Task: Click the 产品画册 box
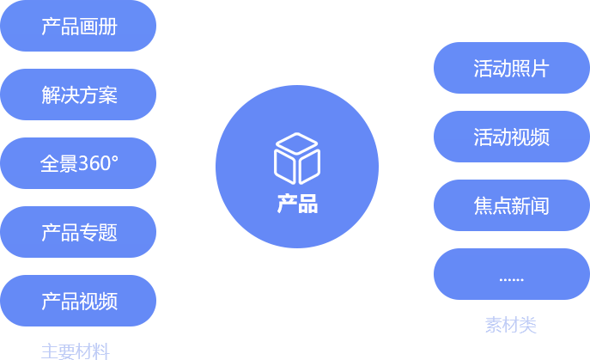coord(79,27)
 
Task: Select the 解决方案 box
coord(79,95)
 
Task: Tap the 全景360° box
coord(79,163)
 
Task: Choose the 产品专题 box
coord(79,232)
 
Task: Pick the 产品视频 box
coord(79,301)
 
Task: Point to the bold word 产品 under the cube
coord(297,204)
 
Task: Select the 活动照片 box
coord(511,69)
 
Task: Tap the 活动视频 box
coord(511,137)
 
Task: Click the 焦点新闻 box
coord(511,206)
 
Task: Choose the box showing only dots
coord(511,276)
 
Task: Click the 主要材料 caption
coord(76,351)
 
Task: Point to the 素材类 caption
coord(510,325)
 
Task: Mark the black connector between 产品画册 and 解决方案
coord(76,60)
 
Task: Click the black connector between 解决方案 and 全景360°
coord(76,129)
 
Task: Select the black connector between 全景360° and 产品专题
coord(76,198)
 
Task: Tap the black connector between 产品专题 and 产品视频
coord(76,266)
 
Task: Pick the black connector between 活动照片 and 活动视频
coord(509,102)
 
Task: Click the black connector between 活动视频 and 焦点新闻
coord(509,171)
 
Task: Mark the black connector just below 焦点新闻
coord(509,240)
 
